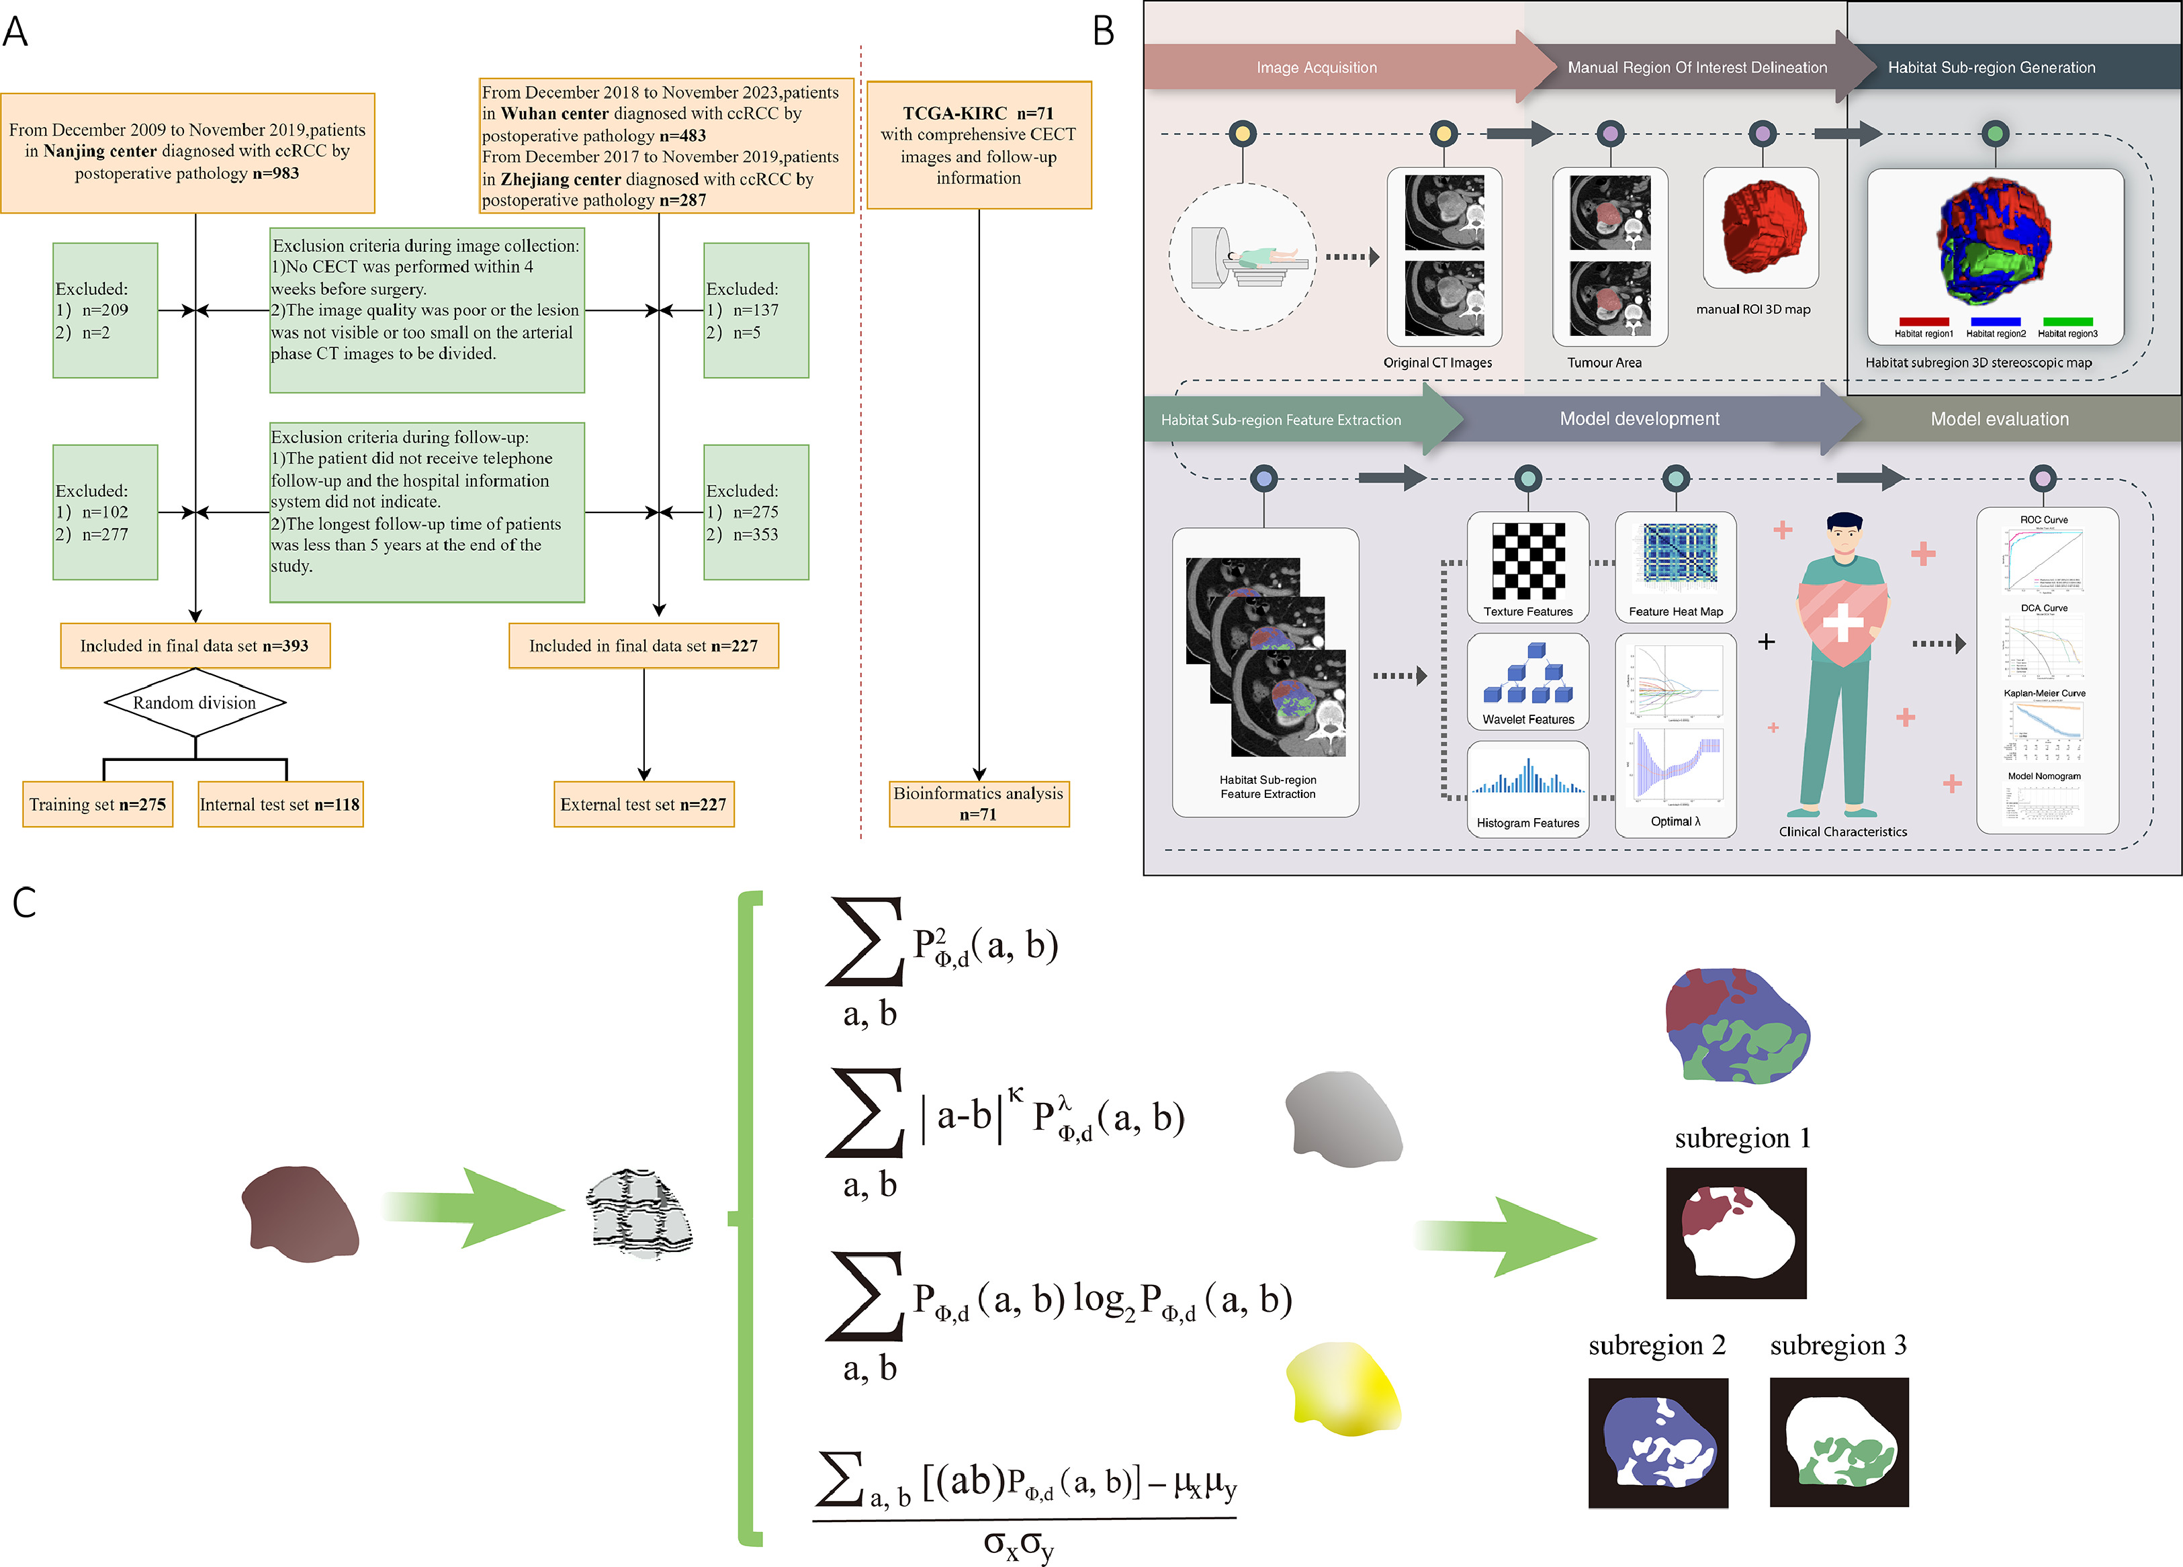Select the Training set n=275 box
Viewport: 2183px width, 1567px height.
point(97,805)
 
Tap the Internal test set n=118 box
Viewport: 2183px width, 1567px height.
point(280,805)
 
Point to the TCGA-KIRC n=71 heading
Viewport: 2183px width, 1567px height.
point(978,114)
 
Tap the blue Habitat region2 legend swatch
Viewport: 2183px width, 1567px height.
point(1996,322)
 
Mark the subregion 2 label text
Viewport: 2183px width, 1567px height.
point(1656,1345)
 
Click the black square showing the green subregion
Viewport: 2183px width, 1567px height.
point(1838,1442)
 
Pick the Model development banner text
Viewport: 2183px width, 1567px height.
point(1639,418)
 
